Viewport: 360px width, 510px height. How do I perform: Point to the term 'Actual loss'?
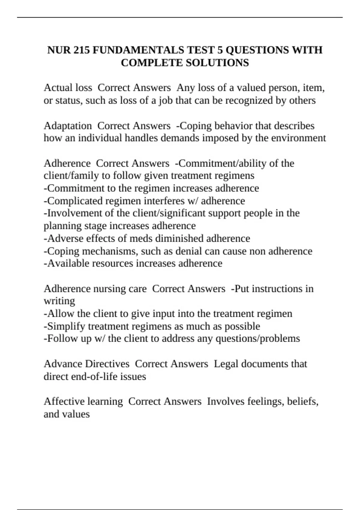click(x=68, y=88)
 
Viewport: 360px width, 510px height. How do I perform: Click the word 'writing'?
click(x=59, y=301)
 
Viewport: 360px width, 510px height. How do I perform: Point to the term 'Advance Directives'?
click(x=86, y=364)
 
